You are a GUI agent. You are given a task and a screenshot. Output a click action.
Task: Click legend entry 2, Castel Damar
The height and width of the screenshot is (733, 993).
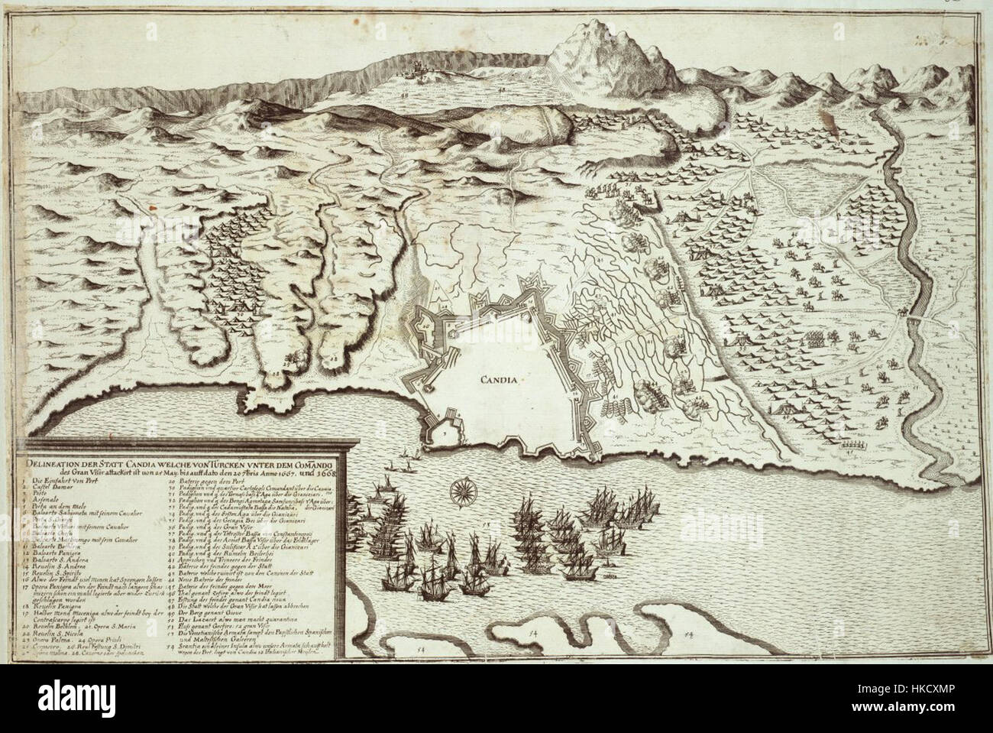click(53, 487)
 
